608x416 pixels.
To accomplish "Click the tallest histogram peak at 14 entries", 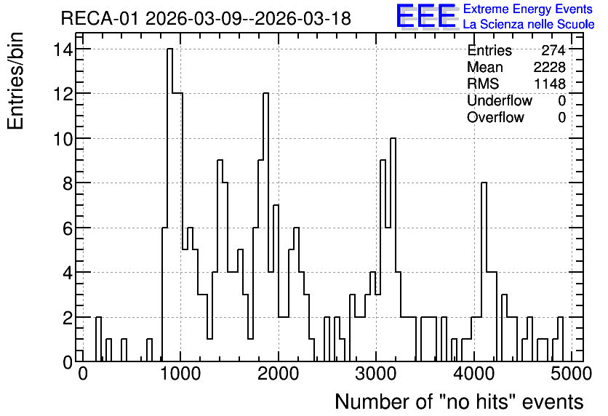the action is tap(170, 49).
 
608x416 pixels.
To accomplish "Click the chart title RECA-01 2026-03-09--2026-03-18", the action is tap(206, 18).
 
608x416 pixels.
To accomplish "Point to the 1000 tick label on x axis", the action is tap(180, 374).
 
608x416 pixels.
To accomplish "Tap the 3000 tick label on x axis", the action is tap(376, 374).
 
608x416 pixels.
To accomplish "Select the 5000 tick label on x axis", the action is tap(571, 374).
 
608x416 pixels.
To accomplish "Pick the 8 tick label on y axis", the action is tap(68, 183).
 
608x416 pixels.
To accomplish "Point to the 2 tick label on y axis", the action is tap(68, 317).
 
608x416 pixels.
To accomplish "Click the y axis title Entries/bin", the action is tap(15, 81).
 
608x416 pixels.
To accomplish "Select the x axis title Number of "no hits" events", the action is tap(459, 401).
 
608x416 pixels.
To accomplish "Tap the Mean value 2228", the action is tap(549, 67).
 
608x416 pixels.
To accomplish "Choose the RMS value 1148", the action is tap(550, 84).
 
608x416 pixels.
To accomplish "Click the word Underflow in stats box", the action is tap(500, 100).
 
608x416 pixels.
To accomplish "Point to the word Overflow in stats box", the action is tap(495, 117).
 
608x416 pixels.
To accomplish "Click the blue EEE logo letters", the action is tap(426, 16).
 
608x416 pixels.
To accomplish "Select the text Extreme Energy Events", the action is tap(528, 9).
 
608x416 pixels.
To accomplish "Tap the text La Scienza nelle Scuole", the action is tap(529, 25).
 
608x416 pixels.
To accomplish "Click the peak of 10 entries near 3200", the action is tap(393, 138).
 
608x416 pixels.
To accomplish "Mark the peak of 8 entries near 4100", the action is tap(484, 183).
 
